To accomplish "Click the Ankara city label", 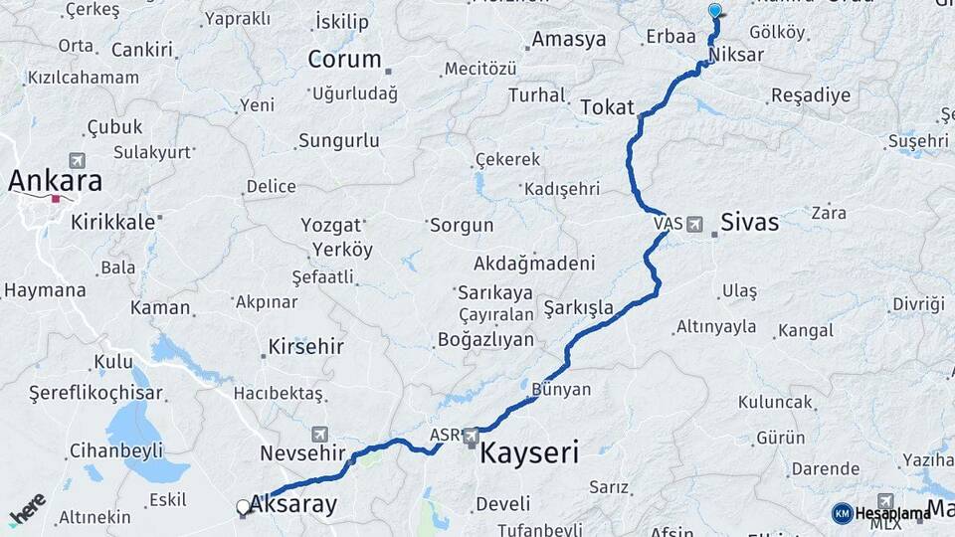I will [x=56, y=181].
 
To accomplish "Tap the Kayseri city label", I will [x=529, y=454].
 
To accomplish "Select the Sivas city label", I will [x=750, y=222].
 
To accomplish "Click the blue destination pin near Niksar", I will [x=714, y=11].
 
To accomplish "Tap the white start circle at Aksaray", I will [x=243, y=507].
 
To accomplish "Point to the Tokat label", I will [x=607, y=106].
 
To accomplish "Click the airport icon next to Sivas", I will [x=694, y=224].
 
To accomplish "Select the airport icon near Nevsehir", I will [x=319, y=434].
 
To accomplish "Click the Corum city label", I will [x=344, y=60].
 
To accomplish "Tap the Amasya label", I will [x=569, y=40].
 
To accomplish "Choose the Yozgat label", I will [x=331, y=225].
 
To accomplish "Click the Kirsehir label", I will [x=305, y=347].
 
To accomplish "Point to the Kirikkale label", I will [x=113, y=222].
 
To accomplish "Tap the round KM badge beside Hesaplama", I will [x=842, y=513].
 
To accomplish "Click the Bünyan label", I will [x=561, y=389].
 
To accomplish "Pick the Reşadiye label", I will [x=811, y=96].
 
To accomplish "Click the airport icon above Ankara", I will [x=78, y=159].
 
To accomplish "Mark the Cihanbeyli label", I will [x=115, y=450].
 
